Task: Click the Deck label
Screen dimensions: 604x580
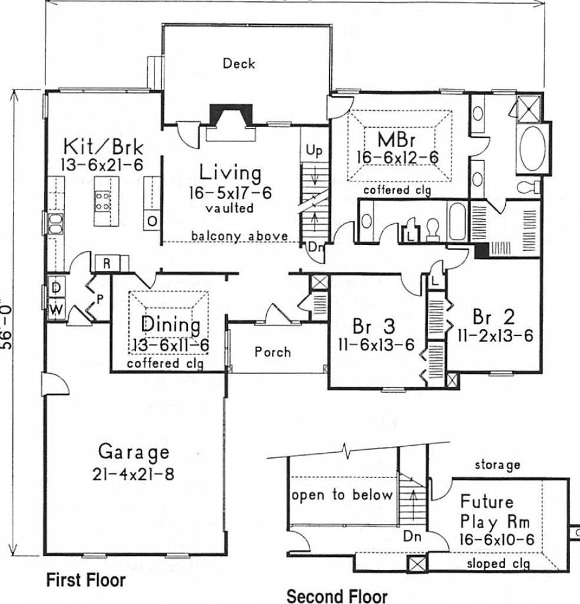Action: (x=238, y=64)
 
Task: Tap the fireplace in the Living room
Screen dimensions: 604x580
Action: (x=231, y=115)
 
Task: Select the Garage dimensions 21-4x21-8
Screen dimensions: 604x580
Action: (x=133, y=474)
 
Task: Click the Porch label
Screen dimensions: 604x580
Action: (x=272, y=352)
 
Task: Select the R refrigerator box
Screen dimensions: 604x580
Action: (x=107, y=263)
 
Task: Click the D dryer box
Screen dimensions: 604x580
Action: (x=56, y=287)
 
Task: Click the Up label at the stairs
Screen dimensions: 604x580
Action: (x=313, y=151)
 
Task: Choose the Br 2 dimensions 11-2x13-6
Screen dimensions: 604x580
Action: (x=495, y=335)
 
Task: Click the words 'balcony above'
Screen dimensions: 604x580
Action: (x=239, y=236)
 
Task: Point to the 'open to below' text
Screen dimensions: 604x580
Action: (x=342, y=495)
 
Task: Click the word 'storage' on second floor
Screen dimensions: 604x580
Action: (x=498, y=465)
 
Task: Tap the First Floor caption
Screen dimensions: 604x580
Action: (x=86, y=580)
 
